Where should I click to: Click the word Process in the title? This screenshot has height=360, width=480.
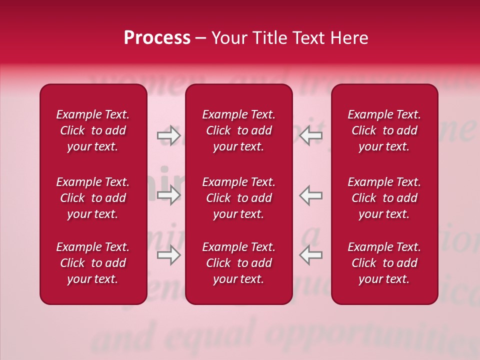point(157,38)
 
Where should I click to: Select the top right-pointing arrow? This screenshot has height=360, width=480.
point(168,135)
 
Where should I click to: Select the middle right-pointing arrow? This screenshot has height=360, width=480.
point(168,195)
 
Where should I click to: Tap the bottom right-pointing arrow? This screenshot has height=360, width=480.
point(168,255)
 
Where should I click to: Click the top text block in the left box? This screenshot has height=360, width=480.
point(93,130)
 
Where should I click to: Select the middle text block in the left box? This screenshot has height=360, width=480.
point(93,198)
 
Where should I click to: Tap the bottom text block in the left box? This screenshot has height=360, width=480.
point(93,263)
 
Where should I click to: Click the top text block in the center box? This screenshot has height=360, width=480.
point(239,130)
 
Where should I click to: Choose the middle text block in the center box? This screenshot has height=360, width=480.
point(239,198)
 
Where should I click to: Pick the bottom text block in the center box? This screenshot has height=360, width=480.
point(239,263)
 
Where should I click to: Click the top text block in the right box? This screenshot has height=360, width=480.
point(384,130)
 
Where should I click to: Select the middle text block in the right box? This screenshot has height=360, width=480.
point(384,198)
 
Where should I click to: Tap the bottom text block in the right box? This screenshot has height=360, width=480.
point(384,263)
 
